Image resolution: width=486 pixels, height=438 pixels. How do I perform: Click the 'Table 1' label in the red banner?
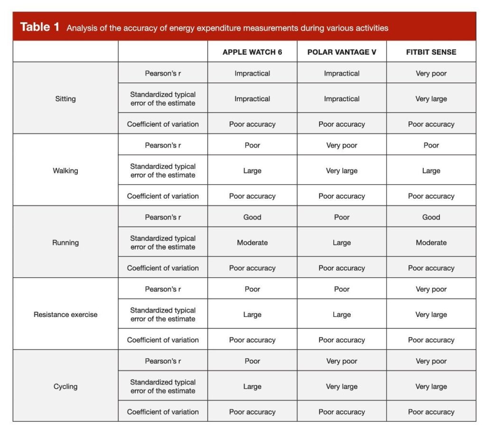point(40,27)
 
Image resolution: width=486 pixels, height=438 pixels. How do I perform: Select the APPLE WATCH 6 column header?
point(252,52)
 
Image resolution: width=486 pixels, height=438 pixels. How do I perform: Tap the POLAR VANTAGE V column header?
point(342,52)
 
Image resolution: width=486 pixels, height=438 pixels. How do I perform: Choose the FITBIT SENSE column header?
point(431,52)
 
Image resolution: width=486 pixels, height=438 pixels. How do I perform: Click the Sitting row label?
point(65,99)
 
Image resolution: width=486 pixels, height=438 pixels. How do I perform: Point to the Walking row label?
point(65,171)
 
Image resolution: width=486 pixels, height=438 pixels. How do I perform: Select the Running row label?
point(65,242)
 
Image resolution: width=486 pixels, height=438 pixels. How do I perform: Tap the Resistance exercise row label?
point(65,315)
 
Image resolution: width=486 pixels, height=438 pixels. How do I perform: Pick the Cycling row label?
point(65,386)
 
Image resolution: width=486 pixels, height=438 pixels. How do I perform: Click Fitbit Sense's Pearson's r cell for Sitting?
point(431,74)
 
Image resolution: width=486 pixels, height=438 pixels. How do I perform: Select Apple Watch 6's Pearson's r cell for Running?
point(252,217)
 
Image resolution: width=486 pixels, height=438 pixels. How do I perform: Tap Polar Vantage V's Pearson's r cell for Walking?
point(342,145)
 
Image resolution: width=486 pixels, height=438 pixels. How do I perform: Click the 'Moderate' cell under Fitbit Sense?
point(431,242)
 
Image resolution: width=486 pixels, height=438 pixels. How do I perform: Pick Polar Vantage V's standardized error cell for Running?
point(342,242)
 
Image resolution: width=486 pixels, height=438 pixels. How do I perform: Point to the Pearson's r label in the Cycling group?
point(163,361)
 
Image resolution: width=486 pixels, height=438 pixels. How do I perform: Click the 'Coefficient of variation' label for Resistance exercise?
point(163,340)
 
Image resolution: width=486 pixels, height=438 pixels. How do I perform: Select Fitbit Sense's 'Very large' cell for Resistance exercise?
point(431,315)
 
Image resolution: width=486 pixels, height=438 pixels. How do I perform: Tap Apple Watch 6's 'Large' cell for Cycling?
point(252,386)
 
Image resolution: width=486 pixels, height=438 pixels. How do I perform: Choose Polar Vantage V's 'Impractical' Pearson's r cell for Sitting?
point(342,74)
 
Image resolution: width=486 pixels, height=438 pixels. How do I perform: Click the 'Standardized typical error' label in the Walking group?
point(163,171)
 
